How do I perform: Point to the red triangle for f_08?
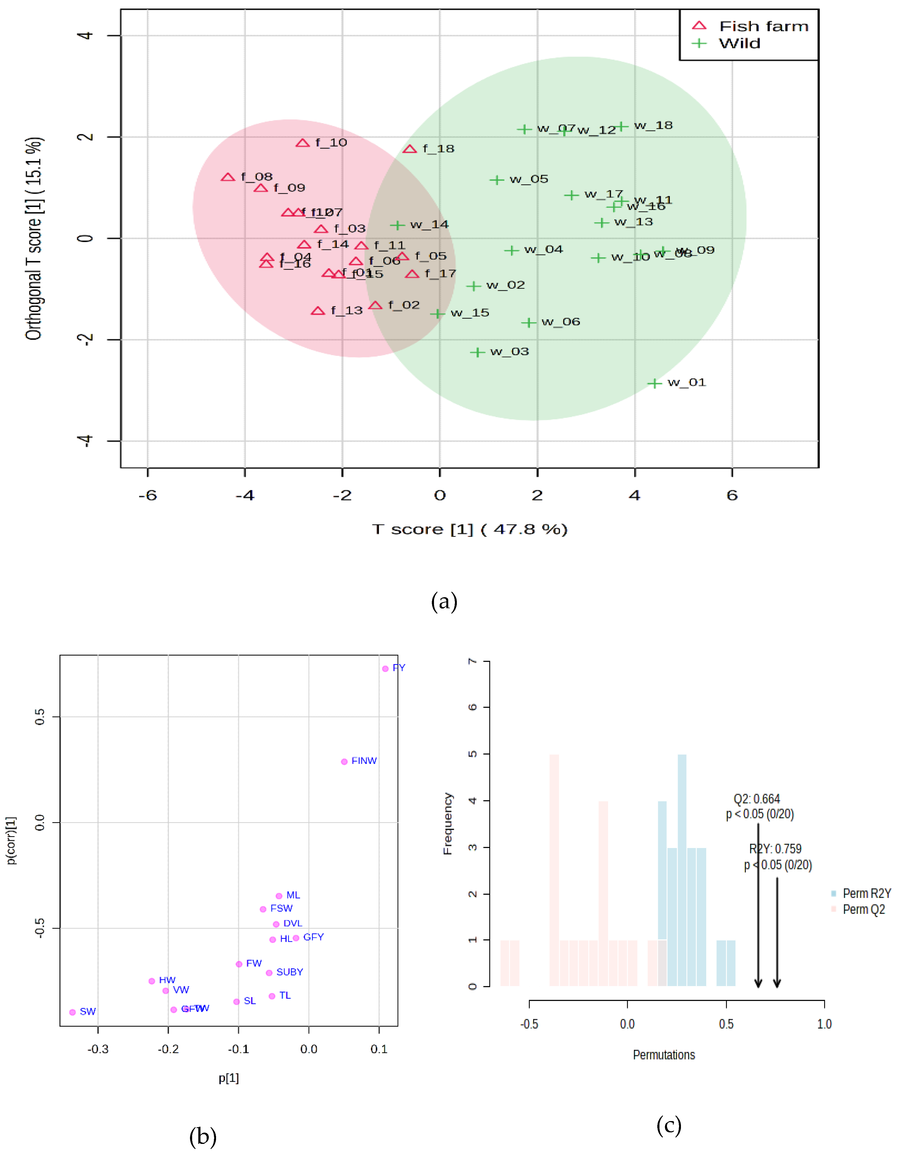pos(228,177)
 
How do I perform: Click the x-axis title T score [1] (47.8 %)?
pos(469,529)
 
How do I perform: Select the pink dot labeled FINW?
pos(344,762)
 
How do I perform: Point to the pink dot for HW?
pos(152,981)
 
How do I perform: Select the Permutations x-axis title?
pos(664,1055)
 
